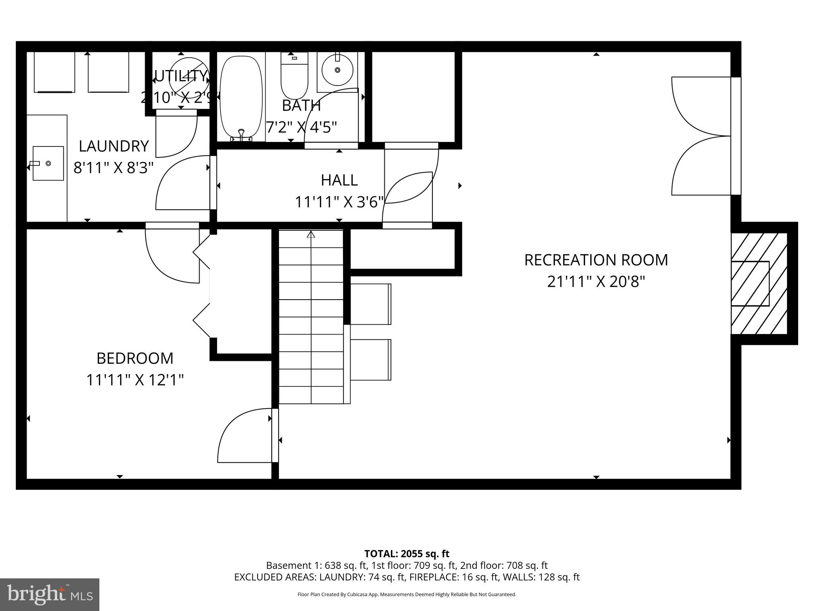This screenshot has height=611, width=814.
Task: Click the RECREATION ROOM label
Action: point(596,260)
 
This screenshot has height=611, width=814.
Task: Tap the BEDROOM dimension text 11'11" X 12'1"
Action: point(135,380)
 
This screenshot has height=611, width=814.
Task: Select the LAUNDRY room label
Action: point(114,146)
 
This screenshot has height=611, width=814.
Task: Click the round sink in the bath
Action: point(337,70)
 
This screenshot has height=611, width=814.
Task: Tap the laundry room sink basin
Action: point(48,163)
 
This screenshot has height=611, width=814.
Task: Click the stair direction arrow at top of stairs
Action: point(311,235)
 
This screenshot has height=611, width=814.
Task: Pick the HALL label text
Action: point(339,180)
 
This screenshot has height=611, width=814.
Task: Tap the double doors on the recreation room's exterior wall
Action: point(702,136)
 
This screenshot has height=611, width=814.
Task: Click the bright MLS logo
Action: point(50,594)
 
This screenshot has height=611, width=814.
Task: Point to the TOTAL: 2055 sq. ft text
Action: point(407,554)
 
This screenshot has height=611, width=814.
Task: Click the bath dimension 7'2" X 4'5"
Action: point(301,127)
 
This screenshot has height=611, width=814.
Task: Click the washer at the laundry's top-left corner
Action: point(54,72)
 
